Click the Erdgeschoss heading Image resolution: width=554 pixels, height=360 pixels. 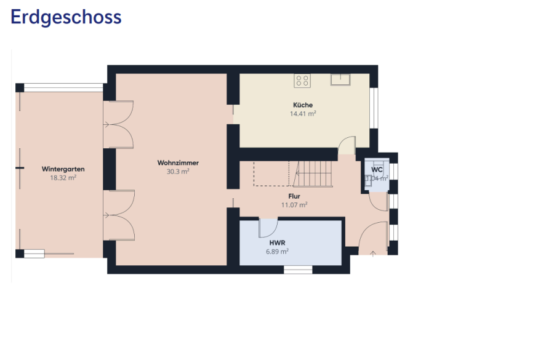click(66, 17)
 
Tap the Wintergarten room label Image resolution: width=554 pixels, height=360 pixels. click(63, 169)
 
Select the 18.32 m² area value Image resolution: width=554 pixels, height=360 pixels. click(63, 177)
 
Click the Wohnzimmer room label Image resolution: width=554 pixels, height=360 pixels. click(178, 163)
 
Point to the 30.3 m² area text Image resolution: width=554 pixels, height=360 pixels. click(178, 172)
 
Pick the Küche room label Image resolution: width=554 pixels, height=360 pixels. click(303, 105)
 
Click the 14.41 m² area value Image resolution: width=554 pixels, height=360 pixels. click(303, 114)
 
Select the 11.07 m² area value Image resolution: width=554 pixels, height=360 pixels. click(294, 206)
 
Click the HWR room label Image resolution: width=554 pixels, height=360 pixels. click(278, 242)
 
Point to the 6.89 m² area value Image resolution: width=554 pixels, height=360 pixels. click(278, 251)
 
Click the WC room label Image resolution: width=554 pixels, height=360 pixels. click(377, 169)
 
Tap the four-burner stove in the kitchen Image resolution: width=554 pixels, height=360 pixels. click(302, 79)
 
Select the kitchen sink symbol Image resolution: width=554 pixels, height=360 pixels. click(340, 79)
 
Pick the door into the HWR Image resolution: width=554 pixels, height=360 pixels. click(268, 228)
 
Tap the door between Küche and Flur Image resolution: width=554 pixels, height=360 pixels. click(347, 146)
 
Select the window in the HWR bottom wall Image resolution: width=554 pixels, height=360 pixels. click(298, 269)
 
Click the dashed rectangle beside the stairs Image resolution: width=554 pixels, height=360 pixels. click(271, 173)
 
